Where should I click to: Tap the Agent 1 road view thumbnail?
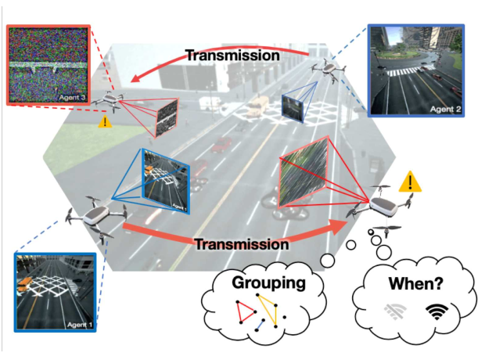point(56,290)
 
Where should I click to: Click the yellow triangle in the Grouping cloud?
point(275,310)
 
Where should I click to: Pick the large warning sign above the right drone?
point(407,183)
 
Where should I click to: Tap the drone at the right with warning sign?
point(384,207)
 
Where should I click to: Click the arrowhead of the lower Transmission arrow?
point(336,228)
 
